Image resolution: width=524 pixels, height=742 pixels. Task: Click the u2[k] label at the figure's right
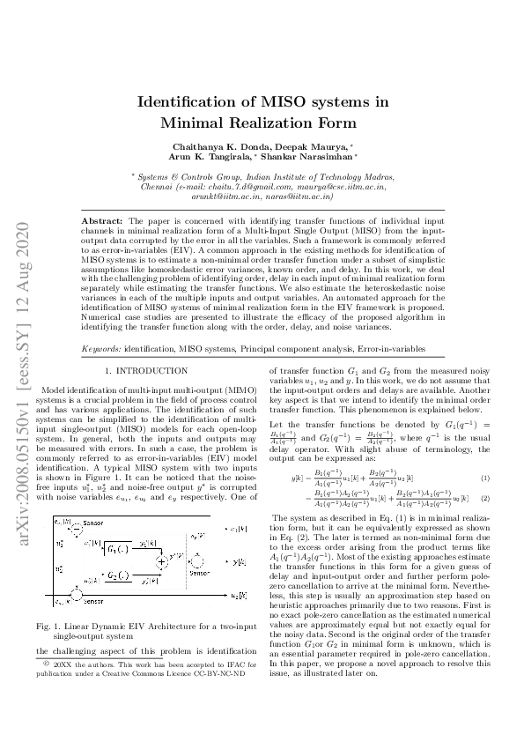click(x=236, y=597)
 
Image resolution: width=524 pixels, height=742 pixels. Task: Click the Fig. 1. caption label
click(x=56, y=626)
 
